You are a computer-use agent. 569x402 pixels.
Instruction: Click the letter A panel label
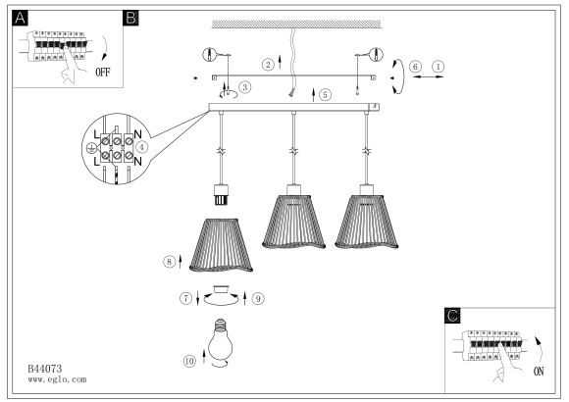coord(20,18)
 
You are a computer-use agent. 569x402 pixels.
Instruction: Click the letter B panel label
coord(130,18)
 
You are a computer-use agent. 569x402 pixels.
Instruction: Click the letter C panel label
coord(452,316)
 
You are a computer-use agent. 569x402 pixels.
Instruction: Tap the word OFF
coord(103,73)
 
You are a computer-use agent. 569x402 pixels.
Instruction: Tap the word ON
coord(539,372)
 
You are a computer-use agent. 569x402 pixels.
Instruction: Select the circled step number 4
coord(142,147)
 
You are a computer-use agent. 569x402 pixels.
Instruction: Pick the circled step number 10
coord(189,361)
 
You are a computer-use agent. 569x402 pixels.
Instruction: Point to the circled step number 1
coord(439,67)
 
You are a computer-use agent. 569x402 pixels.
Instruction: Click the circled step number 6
coord(416,67)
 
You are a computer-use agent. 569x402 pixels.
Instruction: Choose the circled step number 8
coord(169,261)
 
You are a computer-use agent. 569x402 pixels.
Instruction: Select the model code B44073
coord(45,369)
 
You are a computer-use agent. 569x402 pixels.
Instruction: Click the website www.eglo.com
coord(57,379)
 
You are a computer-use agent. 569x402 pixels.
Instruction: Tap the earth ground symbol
coord(90,148)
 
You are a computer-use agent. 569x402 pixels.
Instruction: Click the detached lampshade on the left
coord(221,245)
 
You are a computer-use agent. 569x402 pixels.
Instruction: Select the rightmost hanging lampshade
coord(367,222)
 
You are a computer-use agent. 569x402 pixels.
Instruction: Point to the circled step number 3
coord(245,87)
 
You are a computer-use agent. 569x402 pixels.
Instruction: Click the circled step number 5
coord(325,95)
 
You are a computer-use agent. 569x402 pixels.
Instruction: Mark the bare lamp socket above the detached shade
coord(221,195)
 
